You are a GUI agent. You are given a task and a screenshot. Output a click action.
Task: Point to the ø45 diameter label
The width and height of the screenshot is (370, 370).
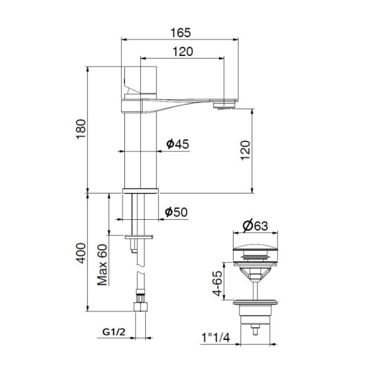(177, 144)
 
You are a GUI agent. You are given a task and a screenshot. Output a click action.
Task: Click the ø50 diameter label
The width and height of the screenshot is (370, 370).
(177, 212)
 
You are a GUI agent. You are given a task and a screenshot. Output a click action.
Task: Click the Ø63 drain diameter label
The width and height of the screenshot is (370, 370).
(256, 226)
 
